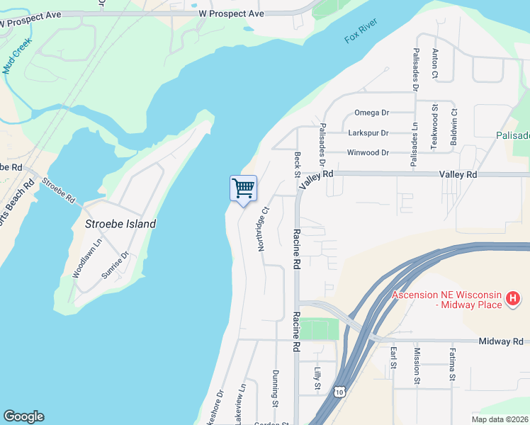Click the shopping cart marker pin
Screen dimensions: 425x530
(x=243, y=189)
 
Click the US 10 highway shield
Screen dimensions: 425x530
(x=339, y=392)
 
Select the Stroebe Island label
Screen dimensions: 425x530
(x=120, y=223)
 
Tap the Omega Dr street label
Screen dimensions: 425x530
(x=372, y=113)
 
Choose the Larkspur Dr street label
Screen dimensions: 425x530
(x=368, y=132)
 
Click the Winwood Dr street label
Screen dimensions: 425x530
(x=368, y=152)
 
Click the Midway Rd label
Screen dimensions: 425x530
(x=500, y=341)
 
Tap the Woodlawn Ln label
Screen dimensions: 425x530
(x=78, y=257)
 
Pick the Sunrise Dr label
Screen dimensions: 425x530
(x=114, y=265)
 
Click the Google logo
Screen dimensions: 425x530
(x=23, y=416)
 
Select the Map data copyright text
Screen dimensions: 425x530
(x=500, y=419)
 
